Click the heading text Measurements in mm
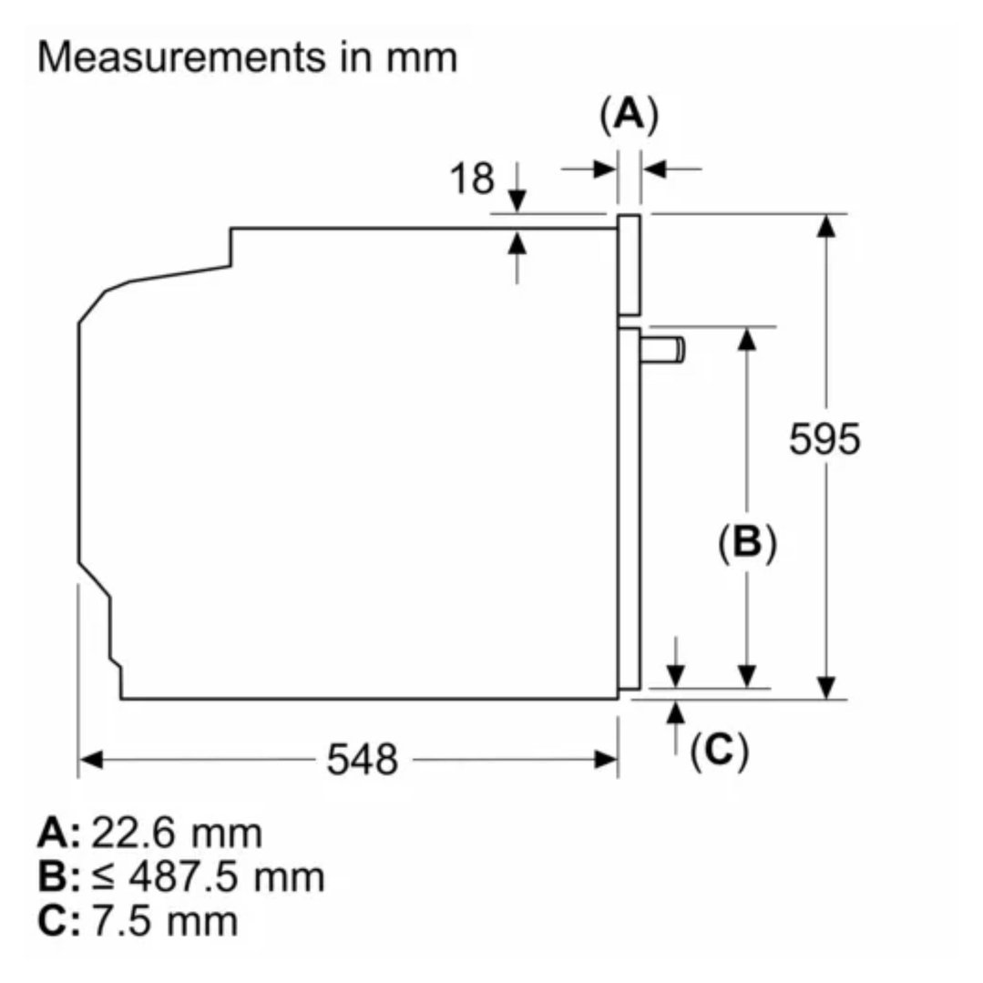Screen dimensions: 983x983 (248, 57)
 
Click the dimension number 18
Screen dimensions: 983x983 (472, 178)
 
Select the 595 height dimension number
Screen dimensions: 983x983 (824, 439)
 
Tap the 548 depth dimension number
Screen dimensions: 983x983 (363, 759)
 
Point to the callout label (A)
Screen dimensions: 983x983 (630, 115)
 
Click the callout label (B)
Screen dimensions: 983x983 (747, 542)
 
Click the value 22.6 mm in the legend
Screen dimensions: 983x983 (177, 834)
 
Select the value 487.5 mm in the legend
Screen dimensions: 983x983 (227, 876)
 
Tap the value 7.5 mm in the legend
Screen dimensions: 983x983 (165, 920)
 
